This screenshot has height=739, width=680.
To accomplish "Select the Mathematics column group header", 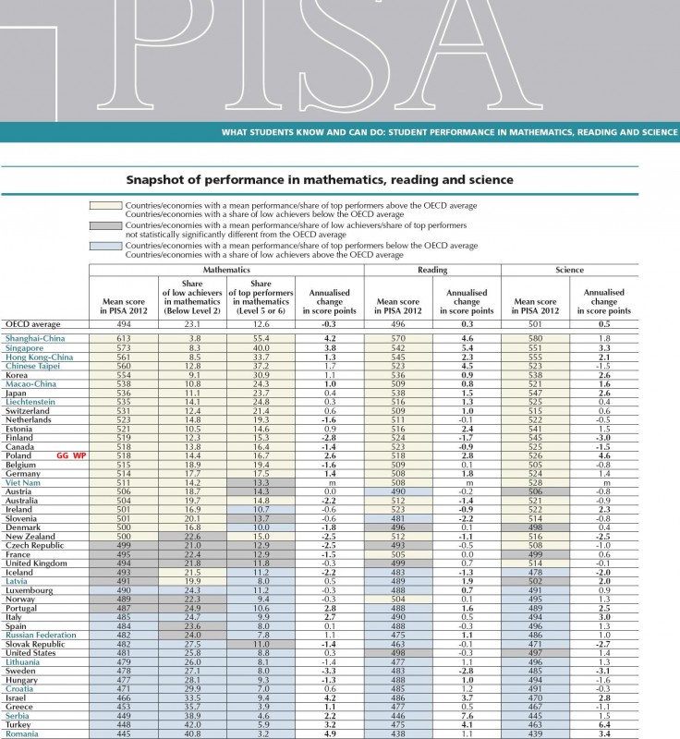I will [x=226, y=270].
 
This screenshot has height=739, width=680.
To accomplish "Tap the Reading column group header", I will [x=432, y=270].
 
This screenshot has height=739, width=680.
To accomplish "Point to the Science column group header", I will [x=570, y=270].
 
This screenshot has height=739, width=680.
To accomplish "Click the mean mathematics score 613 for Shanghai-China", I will [x=123, y=340].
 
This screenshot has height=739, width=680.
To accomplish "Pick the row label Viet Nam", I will [x=23, y=481].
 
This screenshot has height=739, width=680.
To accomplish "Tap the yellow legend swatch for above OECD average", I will [x=104, y=209].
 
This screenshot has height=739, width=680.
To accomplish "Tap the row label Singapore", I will [x=25, y=348].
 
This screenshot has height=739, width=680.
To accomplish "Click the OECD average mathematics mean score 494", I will [x=123, y=324].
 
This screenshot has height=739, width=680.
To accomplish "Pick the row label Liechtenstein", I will [x=30, y=403].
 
